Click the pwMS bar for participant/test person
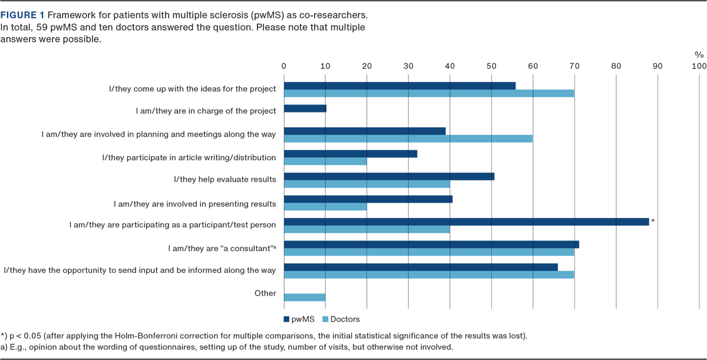[x=466, y=222]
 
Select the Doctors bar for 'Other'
[x=305, y=298]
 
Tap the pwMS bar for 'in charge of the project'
[x=305, y=108]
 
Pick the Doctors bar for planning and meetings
[x=408, y=138]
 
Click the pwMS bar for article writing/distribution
[x=351, y=154]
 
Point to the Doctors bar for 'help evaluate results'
[x=366, y=184]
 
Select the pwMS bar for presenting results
[x=368, y=199]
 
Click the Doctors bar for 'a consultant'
[x=429, y=252]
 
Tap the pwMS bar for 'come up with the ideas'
[x=399, y=85]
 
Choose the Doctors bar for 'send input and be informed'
[x=429, y=275]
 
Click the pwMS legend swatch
[x=287, y=319]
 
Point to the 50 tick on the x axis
[x=491, y=65]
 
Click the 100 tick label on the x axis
[x=699, y=65]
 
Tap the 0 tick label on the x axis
[x=284, y=65]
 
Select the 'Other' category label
[x=265, y=293]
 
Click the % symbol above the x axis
[x=699, y=54]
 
